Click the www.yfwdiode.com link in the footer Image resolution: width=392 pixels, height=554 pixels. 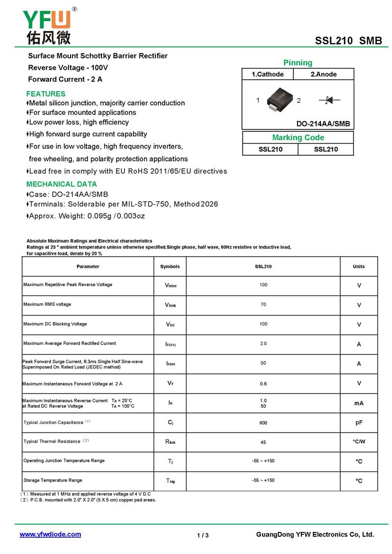(x=50, y=534)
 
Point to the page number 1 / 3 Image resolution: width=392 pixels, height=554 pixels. (x=203, y=535)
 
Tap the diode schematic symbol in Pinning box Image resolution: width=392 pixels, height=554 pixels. (x=329, y=101)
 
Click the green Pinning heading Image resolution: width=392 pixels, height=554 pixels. (x=297, y=63)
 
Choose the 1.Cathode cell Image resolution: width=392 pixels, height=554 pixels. (x=268, y=75)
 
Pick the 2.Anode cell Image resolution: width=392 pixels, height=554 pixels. (x=323, y=75)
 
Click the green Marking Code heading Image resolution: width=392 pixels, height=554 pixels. (x=298, y=138)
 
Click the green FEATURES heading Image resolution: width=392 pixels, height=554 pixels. (x=46, y=94)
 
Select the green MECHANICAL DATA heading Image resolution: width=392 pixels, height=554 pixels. (x=61, y=184)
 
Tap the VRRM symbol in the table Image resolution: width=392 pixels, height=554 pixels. (x=170, y=285)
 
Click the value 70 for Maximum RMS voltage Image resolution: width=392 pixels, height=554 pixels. (x=263, y=304)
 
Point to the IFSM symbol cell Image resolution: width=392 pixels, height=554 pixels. (x=170, y=364)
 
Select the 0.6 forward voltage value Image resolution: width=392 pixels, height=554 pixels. (x=263, y=384)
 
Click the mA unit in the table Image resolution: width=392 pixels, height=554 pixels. (x=359, y=403)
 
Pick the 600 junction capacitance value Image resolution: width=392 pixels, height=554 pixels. (x=263, y=423)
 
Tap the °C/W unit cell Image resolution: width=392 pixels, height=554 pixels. (x=359, y=442)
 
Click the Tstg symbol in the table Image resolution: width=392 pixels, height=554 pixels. (x=170, y=481)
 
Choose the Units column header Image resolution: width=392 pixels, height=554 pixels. (x=359, y=267)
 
